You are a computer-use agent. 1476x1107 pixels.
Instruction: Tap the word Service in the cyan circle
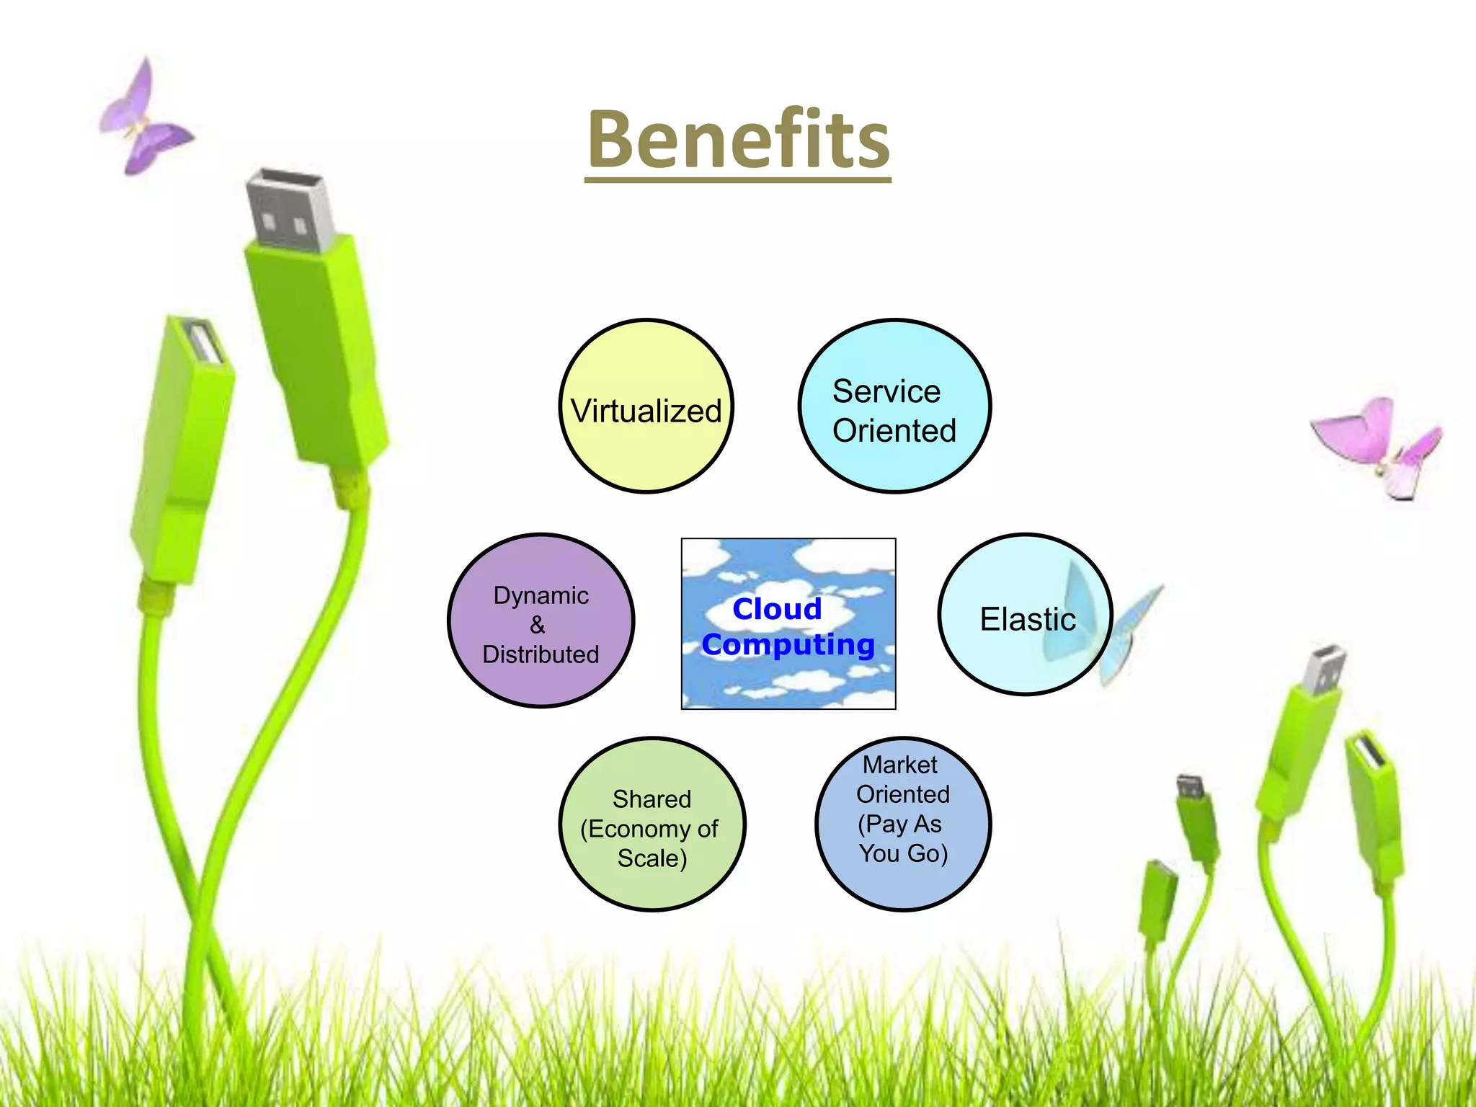tap(886, 392)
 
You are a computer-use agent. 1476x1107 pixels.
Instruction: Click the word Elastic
tap(1027, 619)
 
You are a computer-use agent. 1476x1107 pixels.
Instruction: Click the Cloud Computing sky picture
tap(788, 677)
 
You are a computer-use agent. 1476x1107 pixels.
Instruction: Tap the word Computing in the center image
tap(788, 644)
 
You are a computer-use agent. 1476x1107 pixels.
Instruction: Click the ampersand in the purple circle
tap(538, 625)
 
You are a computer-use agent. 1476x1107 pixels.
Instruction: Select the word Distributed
tap(541, 654)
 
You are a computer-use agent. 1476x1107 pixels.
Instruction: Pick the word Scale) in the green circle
tap(652, 858)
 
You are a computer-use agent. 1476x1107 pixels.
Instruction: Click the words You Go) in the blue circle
tap(902, 853)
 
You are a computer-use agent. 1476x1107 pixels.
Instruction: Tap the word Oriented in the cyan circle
tap(894, 431)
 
